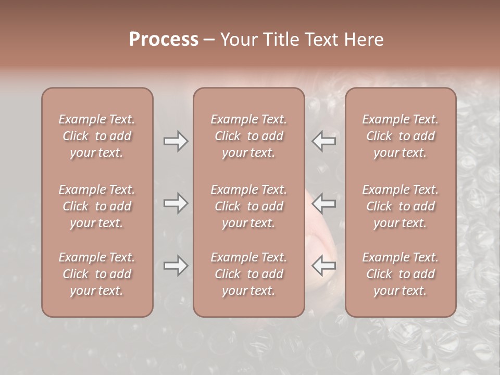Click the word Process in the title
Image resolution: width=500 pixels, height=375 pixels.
point(164,40)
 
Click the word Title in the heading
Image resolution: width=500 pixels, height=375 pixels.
point(281,40)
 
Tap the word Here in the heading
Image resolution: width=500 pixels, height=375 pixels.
point(365,40)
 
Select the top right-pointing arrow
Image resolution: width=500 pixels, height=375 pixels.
point(176,141)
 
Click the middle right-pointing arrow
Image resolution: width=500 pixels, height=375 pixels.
point(176,203)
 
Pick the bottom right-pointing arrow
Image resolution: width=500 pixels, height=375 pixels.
point(176,266)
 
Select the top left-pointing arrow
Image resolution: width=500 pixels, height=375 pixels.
point(324,141)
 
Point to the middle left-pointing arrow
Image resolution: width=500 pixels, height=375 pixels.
point(324,203)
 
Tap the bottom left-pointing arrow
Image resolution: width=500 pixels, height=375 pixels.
point(324,266)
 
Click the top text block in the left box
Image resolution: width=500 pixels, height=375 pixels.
point(97,136)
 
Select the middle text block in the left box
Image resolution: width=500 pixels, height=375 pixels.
point(97,206)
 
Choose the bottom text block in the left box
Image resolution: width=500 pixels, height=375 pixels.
point(97,274)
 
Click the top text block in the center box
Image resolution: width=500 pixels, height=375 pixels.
point(248,136)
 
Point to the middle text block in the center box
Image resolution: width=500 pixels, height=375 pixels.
point(248,206)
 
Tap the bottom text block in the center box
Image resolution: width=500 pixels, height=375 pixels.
point(248,274)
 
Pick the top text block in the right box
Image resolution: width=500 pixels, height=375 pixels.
point(400,136)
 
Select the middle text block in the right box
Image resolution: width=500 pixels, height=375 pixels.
point(400,206)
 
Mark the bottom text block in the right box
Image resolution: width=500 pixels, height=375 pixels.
point(400,274)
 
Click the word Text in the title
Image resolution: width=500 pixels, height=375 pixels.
point(324,40)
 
